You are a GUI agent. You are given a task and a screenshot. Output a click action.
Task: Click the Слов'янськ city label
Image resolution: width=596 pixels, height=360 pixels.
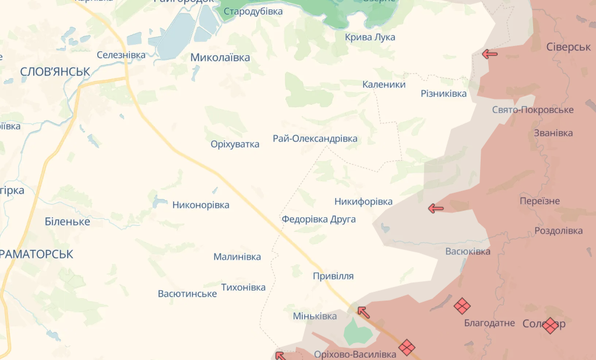(55, 71)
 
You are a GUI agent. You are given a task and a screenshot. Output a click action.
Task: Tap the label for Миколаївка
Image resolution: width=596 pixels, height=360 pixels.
(220, 57)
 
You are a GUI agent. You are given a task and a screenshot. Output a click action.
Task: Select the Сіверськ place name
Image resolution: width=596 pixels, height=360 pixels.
(569, 47)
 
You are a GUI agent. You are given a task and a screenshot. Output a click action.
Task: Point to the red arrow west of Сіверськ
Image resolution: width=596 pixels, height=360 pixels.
(489, 54)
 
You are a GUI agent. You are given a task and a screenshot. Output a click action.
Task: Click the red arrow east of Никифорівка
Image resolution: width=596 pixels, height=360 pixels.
(435, 208)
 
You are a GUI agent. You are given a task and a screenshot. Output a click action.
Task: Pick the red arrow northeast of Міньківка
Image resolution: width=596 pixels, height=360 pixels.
(363, 312)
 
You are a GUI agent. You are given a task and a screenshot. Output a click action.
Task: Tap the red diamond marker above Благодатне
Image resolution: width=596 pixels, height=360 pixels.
(462, 306)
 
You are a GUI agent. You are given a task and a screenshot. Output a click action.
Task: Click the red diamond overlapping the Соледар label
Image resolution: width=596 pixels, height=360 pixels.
(550, 326)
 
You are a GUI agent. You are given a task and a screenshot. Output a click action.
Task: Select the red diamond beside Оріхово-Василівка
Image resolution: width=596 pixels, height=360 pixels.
(407, 348)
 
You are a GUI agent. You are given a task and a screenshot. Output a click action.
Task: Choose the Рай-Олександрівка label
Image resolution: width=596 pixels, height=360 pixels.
(315, 139)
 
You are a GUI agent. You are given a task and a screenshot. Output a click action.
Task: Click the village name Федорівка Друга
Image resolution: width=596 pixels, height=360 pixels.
(319, 220)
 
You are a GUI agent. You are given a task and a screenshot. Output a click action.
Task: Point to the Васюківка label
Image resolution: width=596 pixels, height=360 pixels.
(467, 252)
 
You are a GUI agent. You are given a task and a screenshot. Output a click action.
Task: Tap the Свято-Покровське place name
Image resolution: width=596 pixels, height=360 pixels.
(532, 110)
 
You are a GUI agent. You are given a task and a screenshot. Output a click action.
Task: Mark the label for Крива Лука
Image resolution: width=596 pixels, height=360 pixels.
(370, 37)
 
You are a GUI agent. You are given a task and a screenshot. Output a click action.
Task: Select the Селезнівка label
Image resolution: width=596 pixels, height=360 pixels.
(121, 55)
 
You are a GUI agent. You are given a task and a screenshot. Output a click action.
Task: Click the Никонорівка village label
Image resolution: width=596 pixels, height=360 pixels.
(200, 205)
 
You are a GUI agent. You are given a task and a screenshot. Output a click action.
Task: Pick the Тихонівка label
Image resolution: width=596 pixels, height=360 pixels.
(243, 287)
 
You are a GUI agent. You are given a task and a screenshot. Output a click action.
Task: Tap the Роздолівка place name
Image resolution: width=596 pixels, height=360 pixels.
(559, 231)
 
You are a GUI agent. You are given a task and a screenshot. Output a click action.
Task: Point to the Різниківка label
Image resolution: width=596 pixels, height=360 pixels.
(443, 94)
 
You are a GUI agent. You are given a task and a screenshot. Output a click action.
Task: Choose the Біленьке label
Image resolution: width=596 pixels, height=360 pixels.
(67, 221)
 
